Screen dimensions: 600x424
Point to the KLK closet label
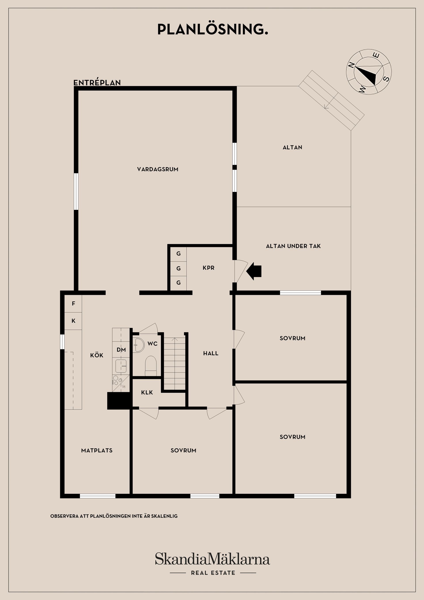tap(147, 393)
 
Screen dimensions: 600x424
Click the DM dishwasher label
tap(121, 350)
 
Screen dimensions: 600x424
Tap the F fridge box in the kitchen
tap(73, 304)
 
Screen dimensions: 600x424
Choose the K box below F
tap(73, 321)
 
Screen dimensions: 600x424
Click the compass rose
tap(369, 72)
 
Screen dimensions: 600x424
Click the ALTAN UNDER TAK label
tap(293, 246)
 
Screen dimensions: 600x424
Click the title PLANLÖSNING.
tap(212, 30)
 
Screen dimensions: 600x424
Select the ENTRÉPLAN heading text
tap(97, 83)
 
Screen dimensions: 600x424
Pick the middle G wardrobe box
tap(178, 268)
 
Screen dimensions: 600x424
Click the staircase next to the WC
tap(174, 364)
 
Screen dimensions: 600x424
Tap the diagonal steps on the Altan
tap(331, 101)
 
